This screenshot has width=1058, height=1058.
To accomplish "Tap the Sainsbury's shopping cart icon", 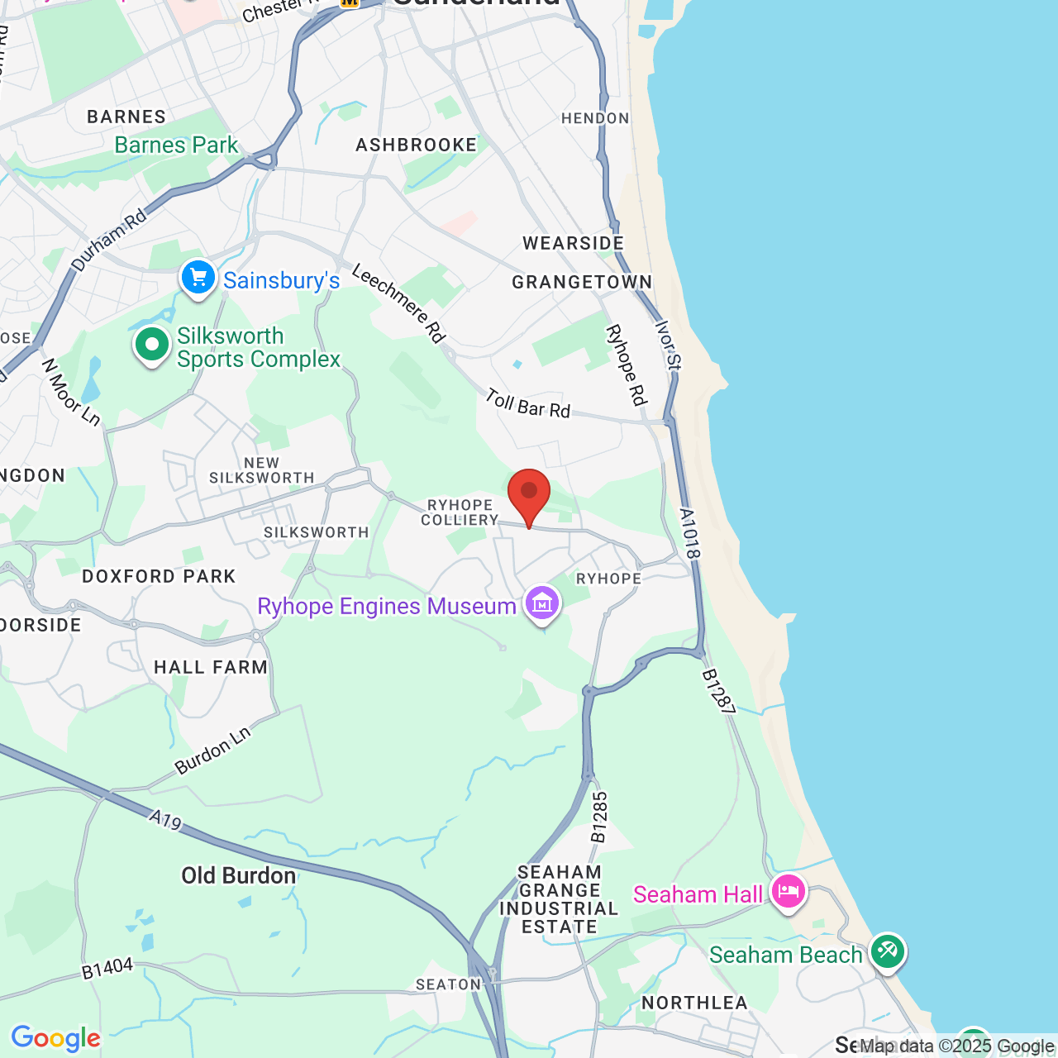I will (x=198, y=278).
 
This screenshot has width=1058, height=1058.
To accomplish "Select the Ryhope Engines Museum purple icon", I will (x=542, y=603).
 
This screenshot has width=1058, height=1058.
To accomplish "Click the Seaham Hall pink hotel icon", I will (x=788, y=891).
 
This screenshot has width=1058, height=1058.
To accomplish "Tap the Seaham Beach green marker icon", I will (x=887, y=951).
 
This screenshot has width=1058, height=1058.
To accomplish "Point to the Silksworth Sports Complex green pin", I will (x=152, y=345).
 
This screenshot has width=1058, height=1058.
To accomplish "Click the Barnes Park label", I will (x=176, y=145).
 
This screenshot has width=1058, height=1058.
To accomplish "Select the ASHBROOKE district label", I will (x=417, y=145).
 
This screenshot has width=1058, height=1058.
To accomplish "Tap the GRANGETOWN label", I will (x=582, y=283).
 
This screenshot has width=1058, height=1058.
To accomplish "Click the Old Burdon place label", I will (x=239, y=876).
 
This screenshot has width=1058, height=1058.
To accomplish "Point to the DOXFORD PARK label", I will (x=159, y=576).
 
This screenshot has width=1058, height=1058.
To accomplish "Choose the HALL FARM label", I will (x=211, y=667).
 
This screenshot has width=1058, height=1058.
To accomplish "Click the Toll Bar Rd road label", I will (x=527, y=403).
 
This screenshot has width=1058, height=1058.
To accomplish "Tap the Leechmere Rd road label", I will (x=399, y=303).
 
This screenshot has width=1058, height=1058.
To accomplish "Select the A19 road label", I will (x=165, y=820).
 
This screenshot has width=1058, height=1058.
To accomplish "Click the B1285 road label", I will (x=599, y=817).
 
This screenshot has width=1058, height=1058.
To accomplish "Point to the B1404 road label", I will (x=107, y=969).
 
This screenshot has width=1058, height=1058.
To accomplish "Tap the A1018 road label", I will (x=690, y=533).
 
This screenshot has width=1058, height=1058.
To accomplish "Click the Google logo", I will (x=55, y=1038).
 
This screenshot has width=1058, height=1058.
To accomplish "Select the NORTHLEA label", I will (x=694, y=1003).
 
